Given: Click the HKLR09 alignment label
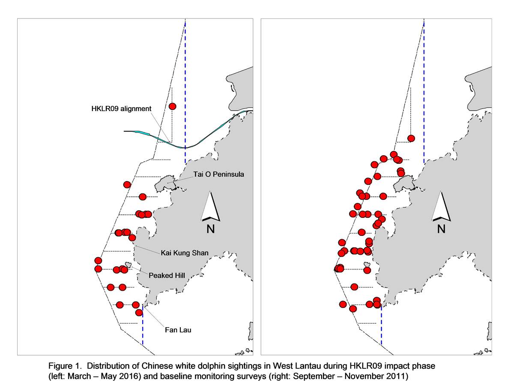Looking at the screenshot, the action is tap(121, 109).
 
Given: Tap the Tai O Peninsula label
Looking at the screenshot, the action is tap(218, 175).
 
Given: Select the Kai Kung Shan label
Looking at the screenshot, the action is tap(185, 253).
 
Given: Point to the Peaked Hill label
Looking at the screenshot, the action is tap(167, 275).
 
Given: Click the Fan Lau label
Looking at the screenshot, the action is tap(178, 330).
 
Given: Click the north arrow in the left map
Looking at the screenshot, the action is tap(210, 206).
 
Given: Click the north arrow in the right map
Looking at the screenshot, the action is tap(441, 206).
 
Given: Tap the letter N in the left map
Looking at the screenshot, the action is tap(210, 229).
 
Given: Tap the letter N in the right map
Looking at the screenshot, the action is tap(441, 229).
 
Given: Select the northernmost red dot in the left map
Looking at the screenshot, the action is tap(172, 106).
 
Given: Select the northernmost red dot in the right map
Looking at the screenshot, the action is tap(411, 139).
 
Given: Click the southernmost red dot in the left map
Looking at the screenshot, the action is tap(139, 312).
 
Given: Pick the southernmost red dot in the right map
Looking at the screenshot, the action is tap(353, 309).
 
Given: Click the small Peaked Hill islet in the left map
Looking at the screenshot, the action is tap(128, 265).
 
